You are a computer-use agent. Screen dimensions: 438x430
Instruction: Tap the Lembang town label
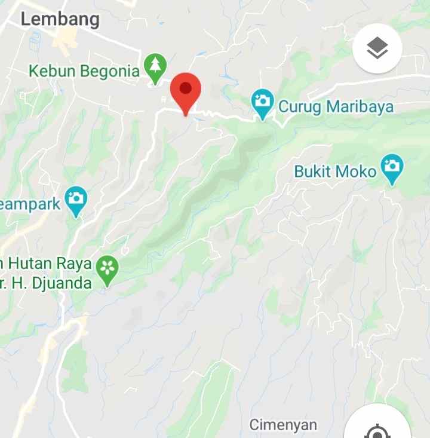point(60,19)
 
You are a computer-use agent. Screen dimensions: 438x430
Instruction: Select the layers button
point(377,49)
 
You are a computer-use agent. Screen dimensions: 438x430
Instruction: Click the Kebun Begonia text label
point(84,71)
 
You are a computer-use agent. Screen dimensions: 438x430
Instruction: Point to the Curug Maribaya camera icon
point(262,103)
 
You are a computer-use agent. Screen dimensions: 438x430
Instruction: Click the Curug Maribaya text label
point(336,107)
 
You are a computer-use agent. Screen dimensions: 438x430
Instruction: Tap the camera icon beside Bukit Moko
point(392,168)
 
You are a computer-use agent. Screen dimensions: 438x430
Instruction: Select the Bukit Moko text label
point(336,172)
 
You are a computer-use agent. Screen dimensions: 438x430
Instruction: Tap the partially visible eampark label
point(30,204)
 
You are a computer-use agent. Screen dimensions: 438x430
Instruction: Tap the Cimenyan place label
point(283,425)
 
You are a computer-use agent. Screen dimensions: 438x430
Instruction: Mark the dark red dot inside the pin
point(186,89)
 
